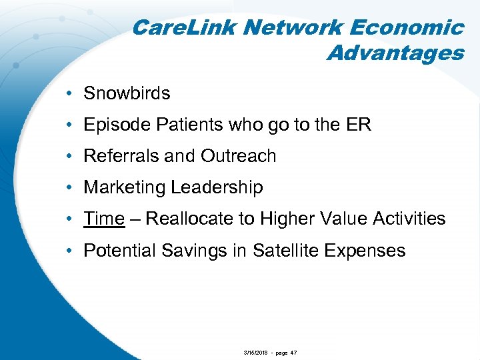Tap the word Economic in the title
click(413, 28)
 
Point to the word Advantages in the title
click(395, 53)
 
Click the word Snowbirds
click(127, 93)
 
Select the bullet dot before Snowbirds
click(70, 93)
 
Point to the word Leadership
click(217, 188)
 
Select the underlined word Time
click(104, 219)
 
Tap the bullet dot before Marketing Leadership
click(70, 188)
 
